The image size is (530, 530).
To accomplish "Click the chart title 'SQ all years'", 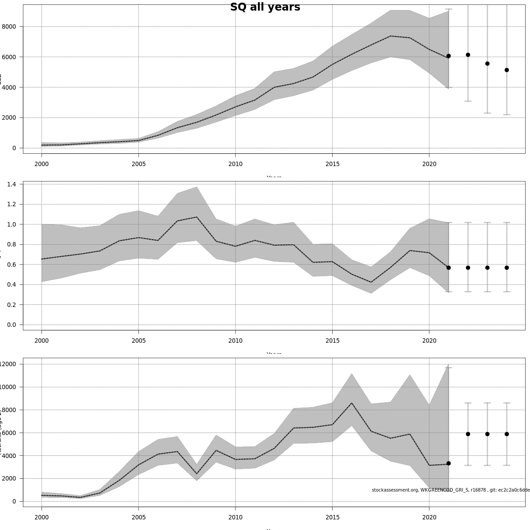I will coord(265,8).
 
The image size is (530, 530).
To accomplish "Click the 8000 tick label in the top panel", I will coord(9,26).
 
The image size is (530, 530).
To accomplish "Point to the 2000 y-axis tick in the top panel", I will coord(9,118).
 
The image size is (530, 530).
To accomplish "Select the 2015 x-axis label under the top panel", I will coord(333,164).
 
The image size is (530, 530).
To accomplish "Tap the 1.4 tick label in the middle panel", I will coord(11,184).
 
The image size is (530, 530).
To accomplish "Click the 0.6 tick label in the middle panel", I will coord(11,265).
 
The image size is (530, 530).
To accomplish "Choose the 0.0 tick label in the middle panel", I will coord(11,325).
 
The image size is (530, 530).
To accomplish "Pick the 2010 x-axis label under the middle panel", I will coord(235,341).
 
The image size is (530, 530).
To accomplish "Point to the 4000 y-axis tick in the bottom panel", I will coord(9,456).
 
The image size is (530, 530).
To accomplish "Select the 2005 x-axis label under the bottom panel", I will coord(138,518).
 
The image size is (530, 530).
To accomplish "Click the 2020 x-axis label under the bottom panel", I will coord(429,518).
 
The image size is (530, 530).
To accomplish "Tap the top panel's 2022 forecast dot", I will coord(468,55).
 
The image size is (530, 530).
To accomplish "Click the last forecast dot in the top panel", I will coord(507,70).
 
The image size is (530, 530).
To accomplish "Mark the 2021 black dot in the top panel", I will coord(448,56).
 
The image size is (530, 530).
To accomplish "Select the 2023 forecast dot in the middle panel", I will coord(487,268).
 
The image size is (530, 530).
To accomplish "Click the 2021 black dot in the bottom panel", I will coord(448,463).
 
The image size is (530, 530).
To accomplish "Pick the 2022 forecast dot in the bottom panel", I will coord(468,434).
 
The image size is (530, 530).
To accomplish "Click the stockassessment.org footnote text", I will coord(450,490).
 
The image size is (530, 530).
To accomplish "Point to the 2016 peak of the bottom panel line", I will coord(352,403).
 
